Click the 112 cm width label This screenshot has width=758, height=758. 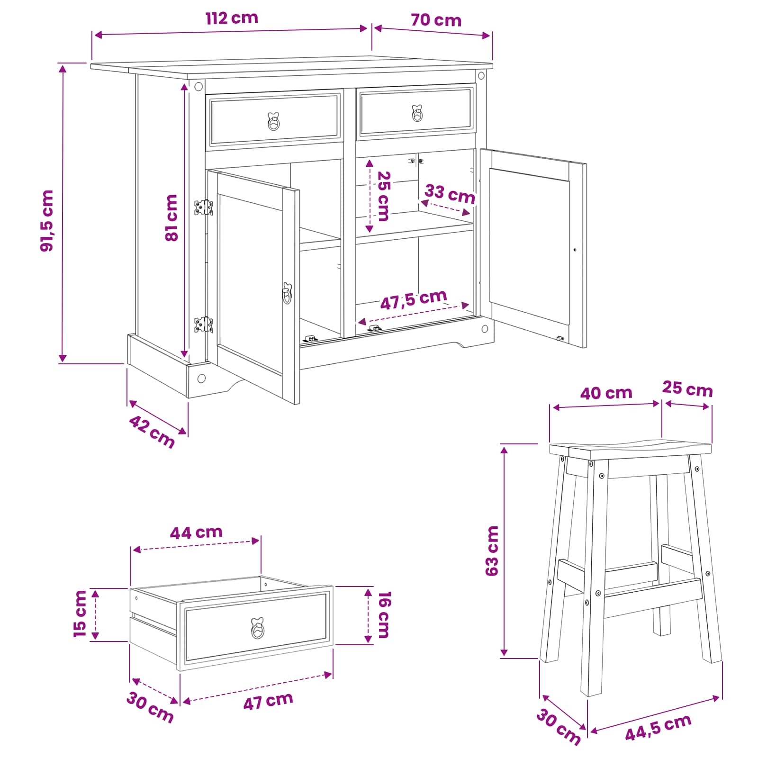click(232, 18)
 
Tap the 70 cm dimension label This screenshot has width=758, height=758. click(436, 20)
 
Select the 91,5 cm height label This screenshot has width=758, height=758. click(47, 221)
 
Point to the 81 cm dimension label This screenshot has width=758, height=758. click(171, 218)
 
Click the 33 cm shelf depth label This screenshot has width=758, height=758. click(450, 194)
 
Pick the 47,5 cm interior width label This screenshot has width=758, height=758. click(414, 299)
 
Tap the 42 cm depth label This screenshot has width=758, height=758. click(152, 432)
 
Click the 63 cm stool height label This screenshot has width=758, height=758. click(492, 551)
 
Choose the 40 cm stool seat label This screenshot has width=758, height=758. click(606, 393)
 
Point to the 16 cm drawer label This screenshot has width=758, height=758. click(383, 614)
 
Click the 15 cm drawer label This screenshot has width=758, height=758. click(80, 614)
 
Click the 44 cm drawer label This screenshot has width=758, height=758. click(196, 532)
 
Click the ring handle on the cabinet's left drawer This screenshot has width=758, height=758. click(274, 122)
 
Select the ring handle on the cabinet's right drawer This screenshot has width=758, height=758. click(417, 113)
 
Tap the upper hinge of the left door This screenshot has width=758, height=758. click(204, 208)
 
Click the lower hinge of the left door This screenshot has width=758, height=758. click(204, 325)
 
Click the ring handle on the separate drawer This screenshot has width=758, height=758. click(258, 628)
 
